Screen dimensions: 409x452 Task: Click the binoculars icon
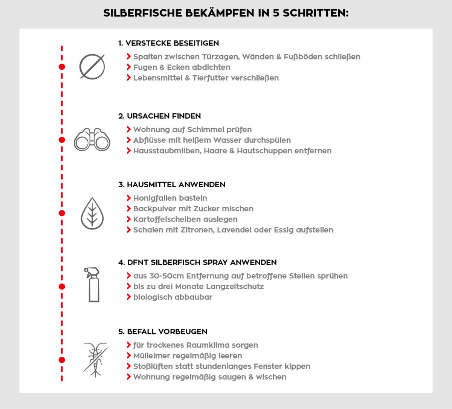pyautogui.click(x=92, y=140)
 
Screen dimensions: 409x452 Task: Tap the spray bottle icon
pyautogui.click(x=93, y=284)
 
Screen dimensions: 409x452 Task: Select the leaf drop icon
pyautogui.click(x=92, y=214)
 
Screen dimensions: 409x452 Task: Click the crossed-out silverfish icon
pyautogui.click(x=95, y=360)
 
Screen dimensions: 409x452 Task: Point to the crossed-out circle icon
pyautogui.click(x=92, y=67)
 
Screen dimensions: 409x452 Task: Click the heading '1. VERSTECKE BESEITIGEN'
pyautogui.click(x=168, y=43)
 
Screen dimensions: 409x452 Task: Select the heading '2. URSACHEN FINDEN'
pyautogui.click(x=159, y=116)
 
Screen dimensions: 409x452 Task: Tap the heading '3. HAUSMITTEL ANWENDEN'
pyautogui.click(x=172, y=185)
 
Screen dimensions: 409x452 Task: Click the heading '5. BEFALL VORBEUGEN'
pyautogui.click(x=163, y=332)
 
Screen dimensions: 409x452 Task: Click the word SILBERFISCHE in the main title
pyautogui.click(x=142, y=13)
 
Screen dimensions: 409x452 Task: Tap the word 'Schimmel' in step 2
pyautogui.click(x=206, y=130)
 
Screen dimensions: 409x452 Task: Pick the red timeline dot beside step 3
pyautogui.click(x=62, y=213)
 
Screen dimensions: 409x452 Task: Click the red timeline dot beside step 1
pyautogui.click(x=62, y=67)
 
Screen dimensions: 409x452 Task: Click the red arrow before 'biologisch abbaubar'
pyautogui.click(x=129, y=297)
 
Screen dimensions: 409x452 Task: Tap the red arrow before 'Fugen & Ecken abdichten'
pyautogui.click(x=129, y=67)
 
